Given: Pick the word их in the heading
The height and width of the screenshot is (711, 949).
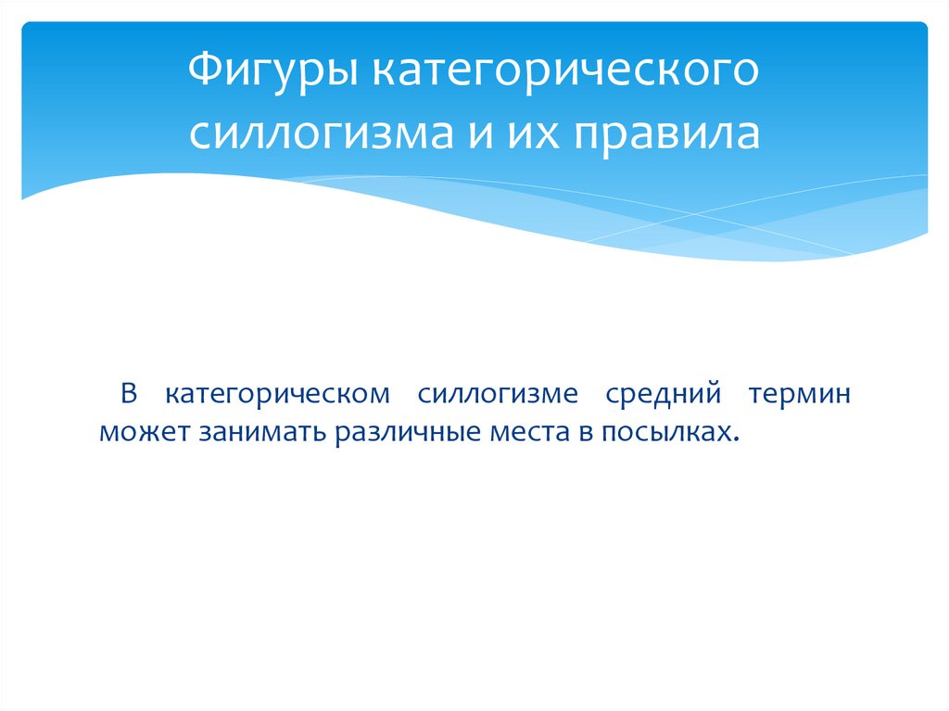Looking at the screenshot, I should [529, 133].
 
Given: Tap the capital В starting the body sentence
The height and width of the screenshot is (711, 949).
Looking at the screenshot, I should [129, 395].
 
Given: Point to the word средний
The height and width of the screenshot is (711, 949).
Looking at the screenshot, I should [664, 395].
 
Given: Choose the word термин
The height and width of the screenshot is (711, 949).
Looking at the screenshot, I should [799, 395].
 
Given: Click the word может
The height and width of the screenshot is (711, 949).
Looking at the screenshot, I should [144, 433].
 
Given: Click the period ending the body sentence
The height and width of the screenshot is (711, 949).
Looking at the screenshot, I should [739, 439].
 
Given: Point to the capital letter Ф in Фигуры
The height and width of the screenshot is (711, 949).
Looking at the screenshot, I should [204, 73].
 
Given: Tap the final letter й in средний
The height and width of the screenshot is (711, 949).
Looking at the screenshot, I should [714, 395].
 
